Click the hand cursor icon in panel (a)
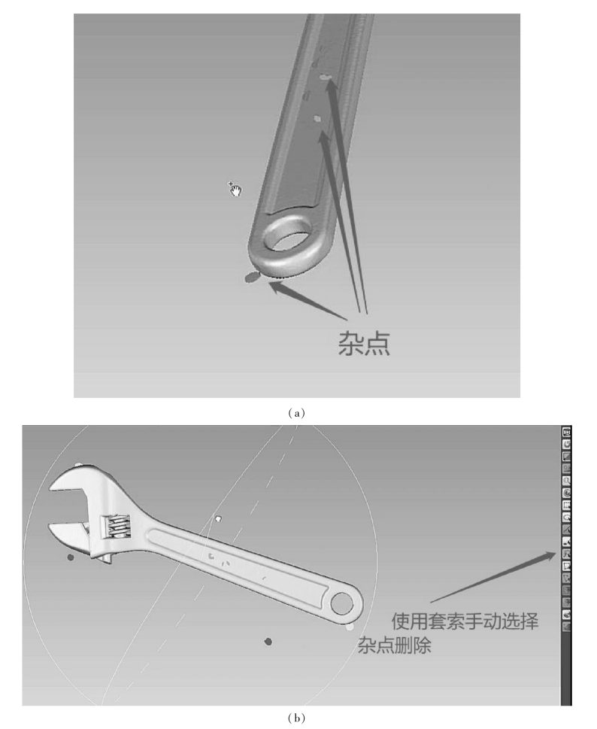coord(235,188)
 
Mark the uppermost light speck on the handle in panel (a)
coord(325,77)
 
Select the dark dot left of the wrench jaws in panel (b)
coord(71,557)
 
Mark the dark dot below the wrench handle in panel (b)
coord(268,641)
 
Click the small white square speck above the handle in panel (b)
coord(218,518)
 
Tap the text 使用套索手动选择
coord(465,621)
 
